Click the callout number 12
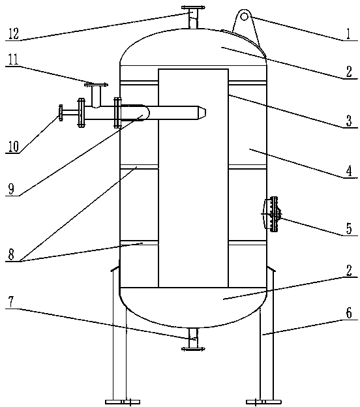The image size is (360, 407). (14, 34)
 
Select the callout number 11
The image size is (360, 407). (13, 60)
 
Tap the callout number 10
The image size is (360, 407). (14, 147)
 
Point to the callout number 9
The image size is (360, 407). (11, 189)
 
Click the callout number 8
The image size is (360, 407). (11, 254)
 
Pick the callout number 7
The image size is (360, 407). (11, 302)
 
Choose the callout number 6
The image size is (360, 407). (349, 313)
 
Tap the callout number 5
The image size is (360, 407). (349, 228)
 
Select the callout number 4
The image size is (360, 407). (349, 172)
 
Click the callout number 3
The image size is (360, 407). (349, 121)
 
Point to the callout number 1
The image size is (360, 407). (348, 34)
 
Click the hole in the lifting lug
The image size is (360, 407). (245, 16)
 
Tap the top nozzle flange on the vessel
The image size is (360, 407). (193, 8)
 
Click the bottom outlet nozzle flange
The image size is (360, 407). (193, 349)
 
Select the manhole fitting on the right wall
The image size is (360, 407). (271, 214)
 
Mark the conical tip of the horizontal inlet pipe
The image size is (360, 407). (202, 112)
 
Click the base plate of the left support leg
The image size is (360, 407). (123, 402)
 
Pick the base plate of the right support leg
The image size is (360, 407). (263, 402)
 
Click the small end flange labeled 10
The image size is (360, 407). (61, 113)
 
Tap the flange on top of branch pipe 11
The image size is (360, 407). (96, 84)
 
